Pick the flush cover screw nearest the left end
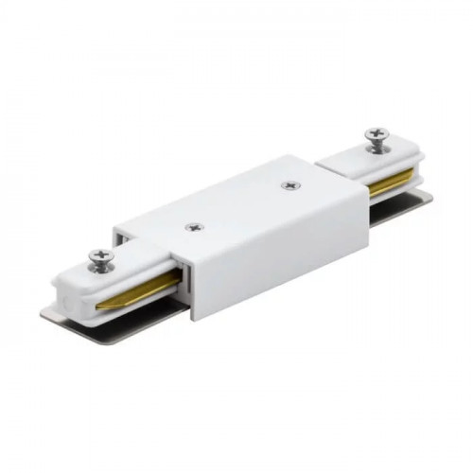pyautogui.click(x=194, y=227)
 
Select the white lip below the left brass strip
pyautogui.click(x=123, y=307)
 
